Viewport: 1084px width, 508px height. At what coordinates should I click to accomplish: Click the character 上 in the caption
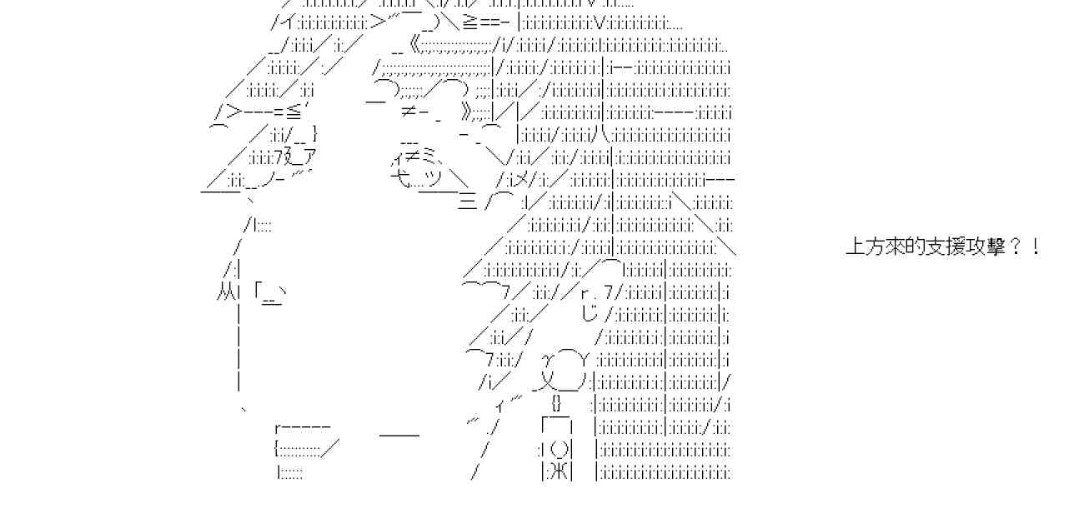click(x=856, y=247)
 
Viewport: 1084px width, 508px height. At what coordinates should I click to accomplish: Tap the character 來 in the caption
click(x=896, y=247)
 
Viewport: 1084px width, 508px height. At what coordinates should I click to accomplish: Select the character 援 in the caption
click(x=956, y=247)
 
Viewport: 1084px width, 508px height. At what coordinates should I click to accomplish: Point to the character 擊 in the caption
click(x=996, y=247)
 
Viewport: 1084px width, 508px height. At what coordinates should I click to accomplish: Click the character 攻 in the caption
click(x=976, y=247)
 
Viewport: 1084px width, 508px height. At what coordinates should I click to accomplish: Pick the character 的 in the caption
click(x=916, y=247)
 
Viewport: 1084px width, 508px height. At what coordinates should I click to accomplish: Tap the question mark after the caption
click(x=1016, y=247)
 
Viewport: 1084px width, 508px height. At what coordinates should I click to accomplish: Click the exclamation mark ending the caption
click(x=1036, y=247)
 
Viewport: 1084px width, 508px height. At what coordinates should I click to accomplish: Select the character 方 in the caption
click(x=876, y=247)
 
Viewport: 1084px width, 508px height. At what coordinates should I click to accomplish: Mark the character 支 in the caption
click(x=936, y=247)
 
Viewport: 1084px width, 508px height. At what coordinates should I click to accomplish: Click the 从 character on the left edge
click(x=224, y=292)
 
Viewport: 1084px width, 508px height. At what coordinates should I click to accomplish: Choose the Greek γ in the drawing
click(x=549, y=360)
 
